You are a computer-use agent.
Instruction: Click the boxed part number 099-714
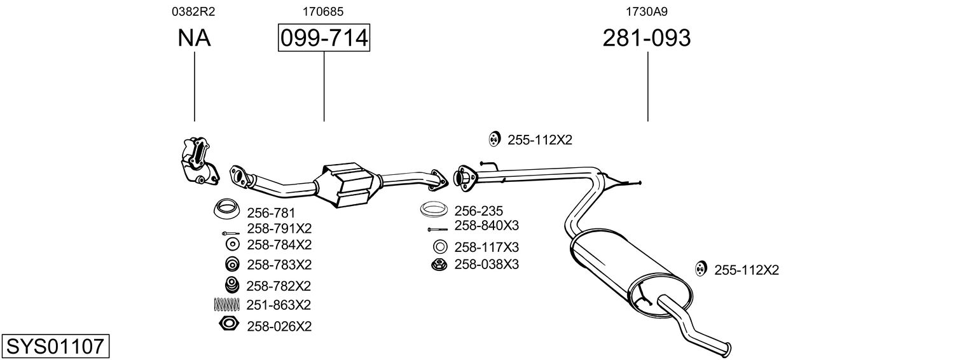point(324,38)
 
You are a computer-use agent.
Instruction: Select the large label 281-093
point(646,38)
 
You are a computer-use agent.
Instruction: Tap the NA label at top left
point(194,38)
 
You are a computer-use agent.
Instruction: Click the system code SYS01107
point(55,347)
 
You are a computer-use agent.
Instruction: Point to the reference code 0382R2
point(194,11)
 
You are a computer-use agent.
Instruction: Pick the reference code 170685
point(324,11)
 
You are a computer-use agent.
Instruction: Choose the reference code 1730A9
point(647,11)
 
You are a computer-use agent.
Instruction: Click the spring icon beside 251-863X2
point(226,305)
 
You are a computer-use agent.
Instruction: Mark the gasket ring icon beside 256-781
point(224,207)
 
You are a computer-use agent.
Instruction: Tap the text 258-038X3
point(486,264)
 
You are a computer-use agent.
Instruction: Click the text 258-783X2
point(279,264)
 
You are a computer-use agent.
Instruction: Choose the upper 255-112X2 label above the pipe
point(539,140)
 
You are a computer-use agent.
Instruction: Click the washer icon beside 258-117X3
point(439,247)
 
